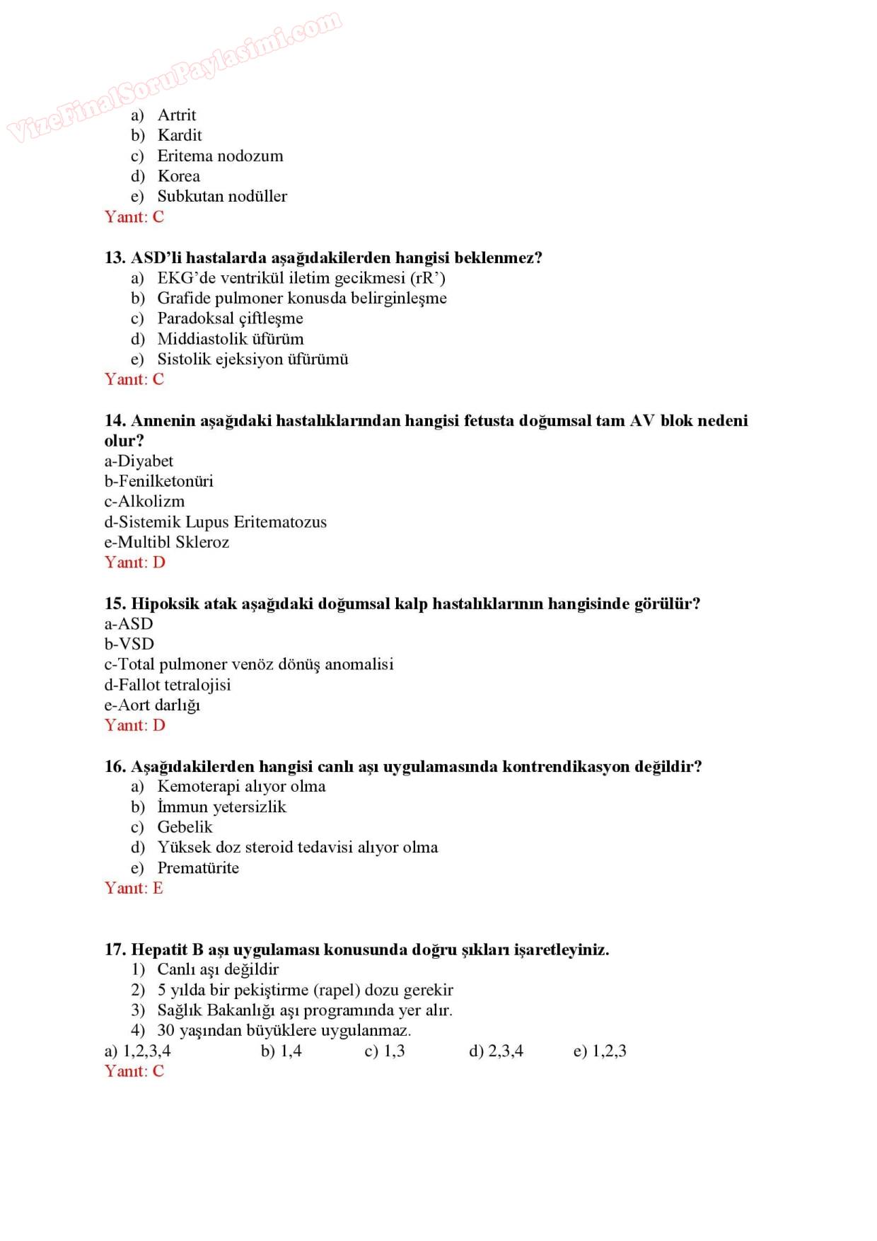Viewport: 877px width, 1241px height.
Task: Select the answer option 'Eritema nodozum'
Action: [x=219, y=156]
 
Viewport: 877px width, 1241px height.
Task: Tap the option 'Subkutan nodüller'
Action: [x=221, y=196]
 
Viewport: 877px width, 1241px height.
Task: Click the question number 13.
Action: [x=115, y=258]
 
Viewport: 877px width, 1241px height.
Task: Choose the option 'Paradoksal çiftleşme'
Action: [x=230, y=318]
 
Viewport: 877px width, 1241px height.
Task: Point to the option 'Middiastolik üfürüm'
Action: [x=230, y=339]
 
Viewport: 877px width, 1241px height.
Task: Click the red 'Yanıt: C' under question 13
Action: [x=134, y=379]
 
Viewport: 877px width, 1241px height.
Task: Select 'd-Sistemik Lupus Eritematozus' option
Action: [x=216, y=522]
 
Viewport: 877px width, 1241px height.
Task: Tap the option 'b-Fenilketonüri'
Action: [x=159, y=481]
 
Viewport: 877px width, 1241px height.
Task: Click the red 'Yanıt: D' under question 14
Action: [x=135, y=562]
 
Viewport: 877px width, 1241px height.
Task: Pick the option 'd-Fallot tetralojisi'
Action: [x=168, y=685]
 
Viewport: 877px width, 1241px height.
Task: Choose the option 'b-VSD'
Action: [x=129, y=644]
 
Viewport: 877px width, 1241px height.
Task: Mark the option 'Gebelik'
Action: [x=185, y=827]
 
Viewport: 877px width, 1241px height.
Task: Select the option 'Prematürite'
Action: [x=198, y=868]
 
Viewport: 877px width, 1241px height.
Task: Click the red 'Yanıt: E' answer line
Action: [x=134, y=888]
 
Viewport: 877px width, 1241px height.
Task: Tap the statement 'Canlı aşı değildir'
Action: [x=218, y=969]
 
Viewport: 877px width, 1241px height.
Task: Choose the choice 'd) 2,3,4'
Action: [x=496, y=1051]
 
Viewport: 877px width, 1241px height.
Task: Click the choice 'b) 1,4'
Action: [x=281, y=1051]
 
